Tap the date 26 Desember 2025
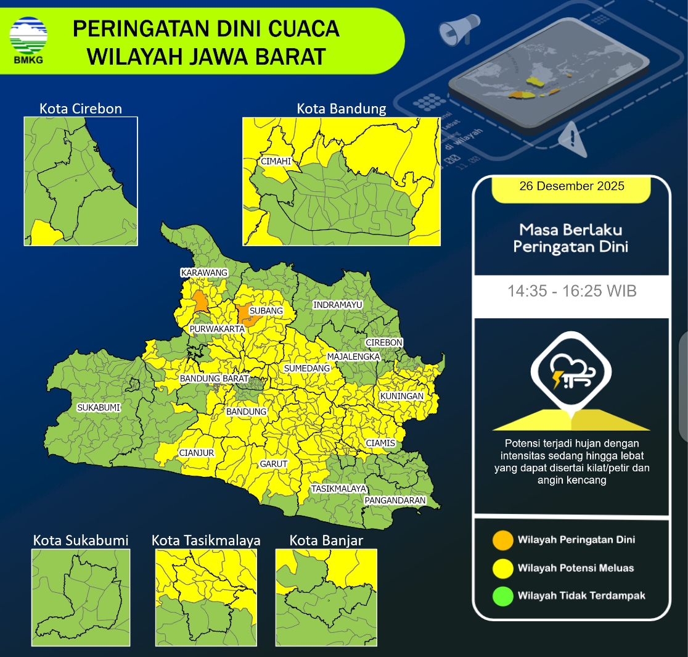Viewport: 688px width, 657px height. [x=571, y=186]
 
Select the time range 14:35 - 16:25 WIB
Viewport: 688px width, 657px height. [x=571, y=291]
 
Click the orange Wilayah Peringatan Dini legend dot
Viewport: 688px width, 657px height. [x=502, y=540]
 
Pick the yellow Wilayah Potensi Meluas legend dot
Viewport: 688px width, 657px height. [x=502, y=568]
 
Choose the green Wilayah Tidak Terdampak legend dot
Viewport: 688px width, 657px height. [x=502, y=596]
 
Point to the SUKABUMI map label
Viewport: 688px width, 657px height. [x=99, y=408]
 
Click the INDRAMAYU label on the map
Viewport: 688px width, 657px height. [x=337, y=305]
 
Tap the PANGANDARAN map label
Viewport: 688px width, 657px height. [x=395, y=500]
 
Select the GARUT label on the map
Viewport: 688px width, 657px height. [x=274, y=464]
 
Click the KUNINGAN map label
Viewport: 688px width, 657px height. [x=401, y=395]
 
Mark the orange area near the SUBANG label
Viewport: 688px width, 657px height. [x=246, y=316]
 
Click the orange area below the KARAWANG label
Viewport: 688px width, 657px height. [x=200, y=302]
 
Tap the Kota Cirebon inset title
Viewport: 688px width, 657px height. [x=81, y=109]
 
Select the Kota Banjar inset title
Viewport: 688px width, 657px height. [x=326, y=540]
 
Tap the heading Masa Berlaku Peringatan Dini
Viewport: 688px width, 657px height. [x=571, y=239]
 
